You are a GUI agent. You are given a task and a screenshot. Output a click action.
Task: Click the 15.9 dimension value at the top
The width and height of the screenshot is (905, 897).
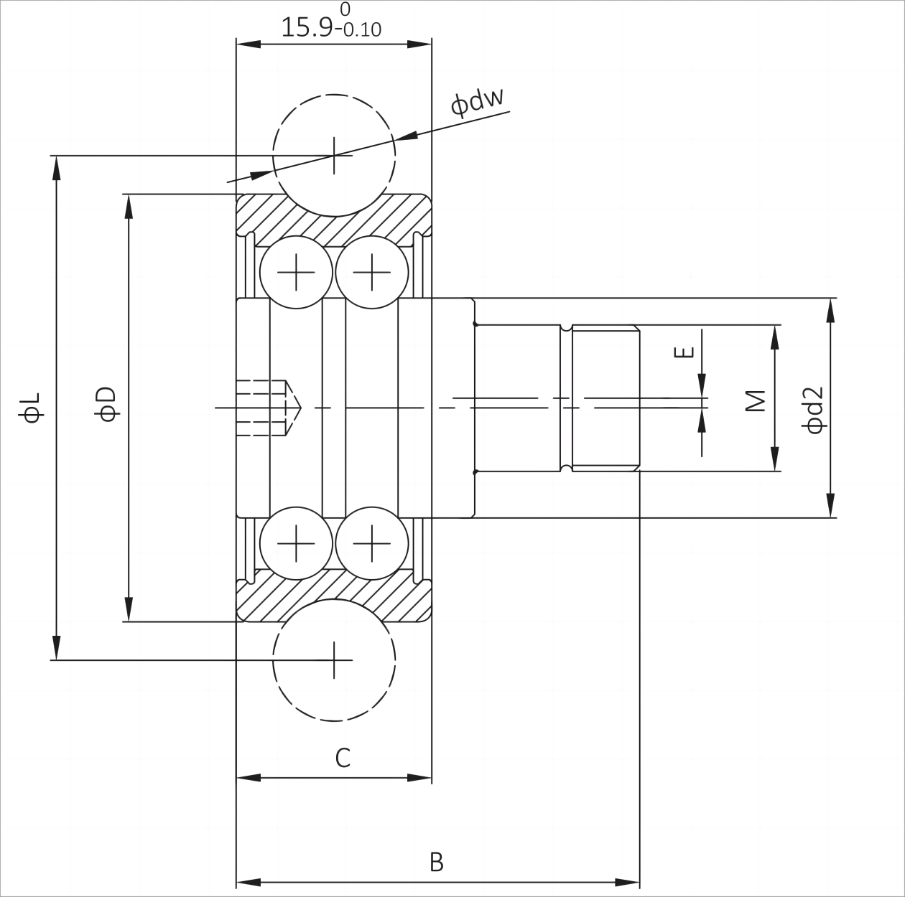307,27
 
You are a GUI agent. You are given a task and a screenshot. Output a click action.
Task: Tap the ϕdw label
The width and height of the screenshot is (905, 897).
478,102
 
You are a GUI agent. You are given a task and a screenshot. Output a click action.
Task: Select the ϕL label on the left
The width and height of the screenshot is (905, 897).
33,407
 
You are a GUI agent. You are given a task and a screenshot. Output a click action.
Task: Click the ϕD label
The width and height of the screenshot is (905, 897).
107,403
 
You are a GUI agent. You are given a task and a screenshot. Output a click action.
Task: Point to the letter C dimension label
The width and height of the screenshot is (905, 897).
343,758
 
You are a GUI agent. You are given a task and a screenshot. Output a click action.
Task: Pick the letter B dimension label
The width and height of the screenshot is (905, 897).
436,862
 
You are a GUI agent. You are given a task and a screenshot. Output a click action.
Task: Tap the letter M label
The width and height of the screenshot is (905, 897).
754,400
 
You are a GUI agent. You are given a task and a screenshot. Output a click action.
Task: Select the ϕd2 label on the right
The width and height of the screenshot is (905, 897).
813,410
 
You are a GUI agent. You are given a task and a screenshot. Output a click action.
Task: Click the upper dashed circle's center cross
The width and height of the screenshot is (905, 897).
335,154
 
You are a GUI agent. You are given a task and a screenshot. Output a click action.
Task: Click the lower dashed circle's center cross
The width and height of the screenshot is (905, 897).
335,660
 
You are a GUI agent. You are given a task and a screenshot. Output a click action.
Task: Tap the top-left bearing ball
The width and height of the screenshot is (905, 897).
296,273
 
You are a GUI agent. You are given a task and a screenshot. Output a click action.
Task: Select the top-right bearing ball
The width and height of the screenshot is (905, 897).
372,273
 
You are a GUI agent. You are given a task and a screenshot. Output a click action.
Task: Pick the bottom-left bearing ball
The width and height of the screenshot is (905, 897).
296,543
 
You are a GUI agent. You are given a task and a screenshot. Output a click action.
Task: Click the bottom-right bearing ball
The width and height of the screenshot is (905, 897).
372,543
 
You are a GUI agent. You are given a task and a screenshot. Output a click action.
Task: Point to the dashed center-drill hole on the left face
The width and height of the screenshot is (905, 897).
269,408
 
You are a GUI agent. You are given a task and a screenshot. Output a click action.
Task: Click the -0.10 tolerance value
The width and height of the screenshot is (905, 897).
361,30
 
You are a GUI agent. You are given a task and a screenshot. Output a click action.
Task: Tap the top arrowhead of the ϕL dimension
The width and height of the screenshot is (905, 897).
56,167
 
